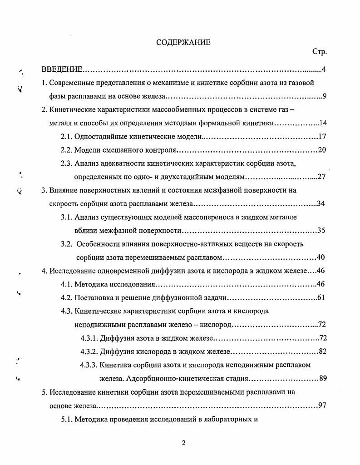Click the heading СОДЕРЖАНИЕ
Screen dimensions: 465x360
[183, 42]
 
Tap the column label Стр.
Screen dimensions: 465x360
[320, 52]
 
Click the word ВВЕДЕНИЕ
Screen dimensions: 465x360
[62, 69]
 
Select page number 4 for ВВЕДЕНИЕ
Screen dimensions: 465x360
[324, 69]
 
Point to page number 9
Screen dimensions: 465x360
[325, 96]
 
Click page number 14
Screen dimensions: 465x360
[323, 123]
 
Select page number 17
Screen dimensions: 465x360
[323, 136]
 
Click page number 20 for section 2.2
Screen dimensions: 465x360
[323, 150]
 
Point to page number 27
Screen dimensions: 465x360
[322, 177]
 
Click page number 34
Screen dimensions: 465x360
[321, 203]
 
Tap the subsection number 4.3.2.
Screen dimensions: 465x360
[89, 351]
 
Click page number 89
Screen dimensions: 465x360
[323, 378]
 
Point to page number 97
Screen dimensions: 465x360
[323, 405]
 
